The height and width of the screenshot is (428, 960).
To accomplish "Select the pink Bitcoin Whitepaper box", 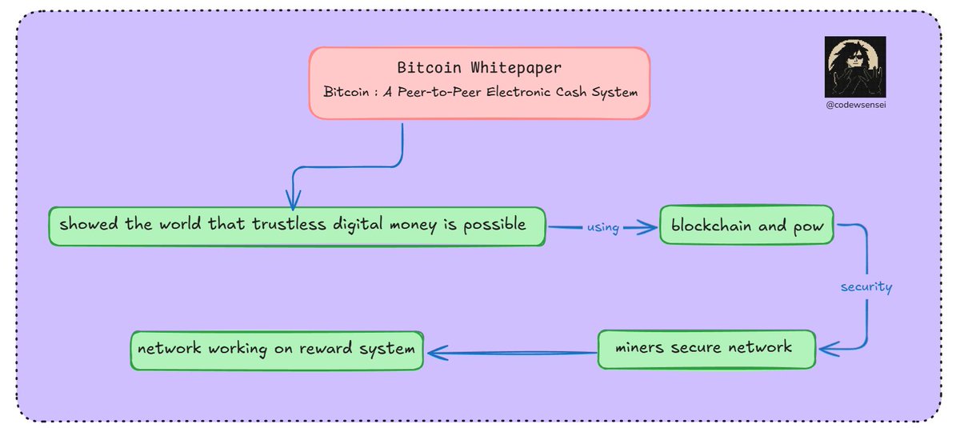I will pyautogui.click(x=478, y=82).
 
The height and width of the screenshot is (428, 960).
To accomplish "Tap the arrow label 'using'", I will pyautogui.click(x=602, y=228).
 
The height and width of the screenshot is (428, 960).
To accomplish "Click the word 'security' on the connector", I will pyautogui.click(x=866, y=286).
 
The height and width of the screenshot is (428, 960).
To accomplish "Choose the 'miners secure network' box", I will pyautogui.click(x=705, y=348).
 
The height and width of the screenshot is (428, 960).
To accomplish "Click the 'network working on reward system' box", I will pyautogui.click(x=276, y=350).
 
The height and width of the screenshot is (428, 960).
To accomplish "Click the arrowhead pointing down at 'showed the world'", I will pyautogui.click(x=293, y=200).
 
